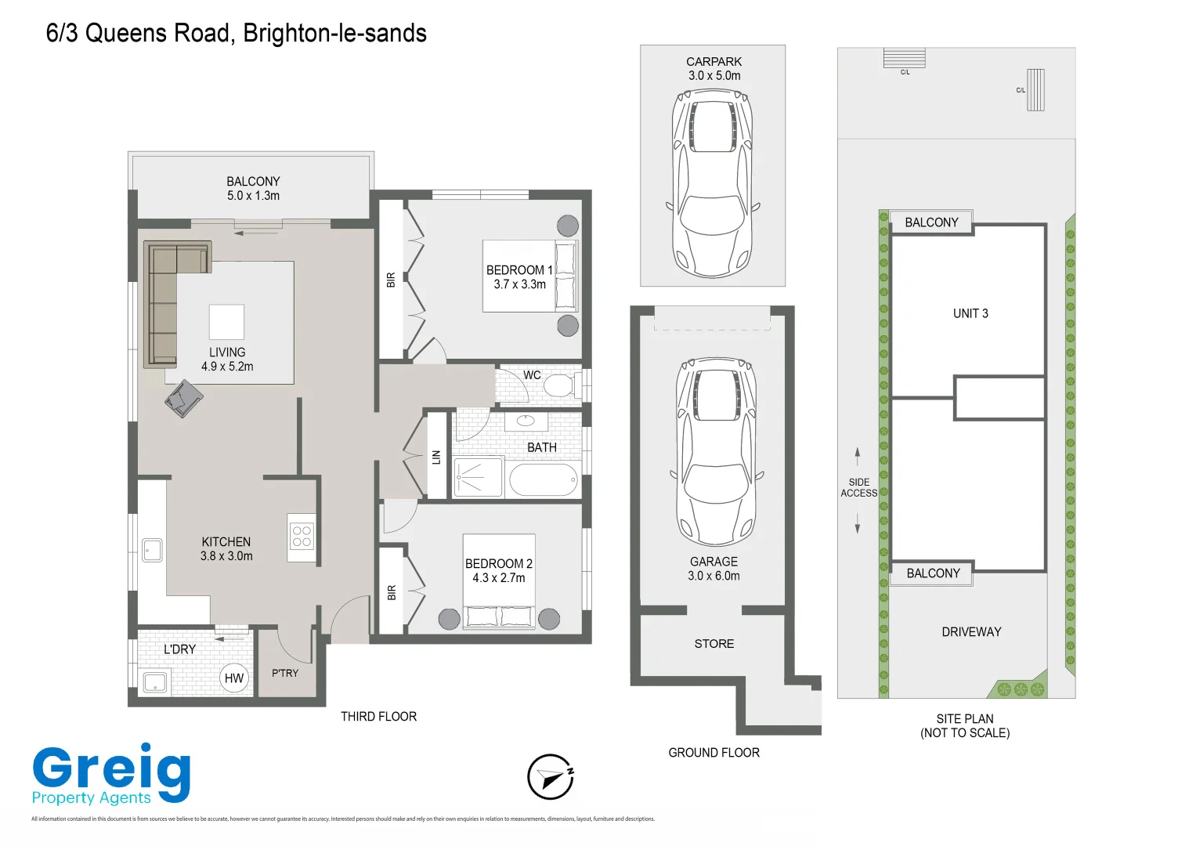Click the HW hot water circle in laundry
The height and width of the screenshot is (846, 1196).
pos(234,678)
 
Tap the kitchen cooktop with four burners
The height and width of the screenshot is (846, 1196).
pos(302,537)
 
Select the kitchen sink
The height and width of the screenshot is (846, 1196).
pos(152,550)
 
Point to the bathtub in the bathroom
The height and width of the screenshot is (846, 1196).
pos(544,479)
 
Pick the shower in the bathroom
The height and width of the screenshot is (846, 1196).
pos(478,476)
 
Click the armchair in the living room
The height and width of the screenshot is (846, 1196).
pos(184,399)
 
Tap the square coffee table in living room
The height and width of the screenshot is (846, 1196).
pos(226,322)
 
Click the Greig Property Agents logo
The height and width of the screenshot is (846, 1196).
pos(110,775)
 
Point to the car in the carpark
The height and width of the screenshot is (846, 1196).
pos(712,180)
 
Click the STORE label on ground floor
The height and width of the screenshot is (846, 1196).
pos(714,644)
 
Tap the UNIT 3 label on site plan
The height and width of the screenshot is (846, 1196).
pos(970,313)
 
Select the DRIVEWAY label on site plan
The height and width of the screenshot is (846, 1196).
pos(971,632)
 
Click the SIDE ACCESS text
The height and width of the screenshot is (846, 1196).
pos(858,488)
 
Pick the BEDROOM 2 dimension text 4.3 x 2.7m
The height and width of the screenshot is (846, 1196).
pos(498,578)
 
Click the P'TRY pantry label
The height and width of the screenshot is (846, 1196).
pos(285,673)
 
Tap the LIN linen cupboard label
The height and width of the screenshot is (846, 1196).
pos(436,457)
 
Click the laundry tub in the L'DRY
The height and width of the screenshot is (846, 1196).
pos(156,682)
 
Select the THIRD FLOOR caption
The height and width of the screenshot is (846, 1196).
pos(378,717)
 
